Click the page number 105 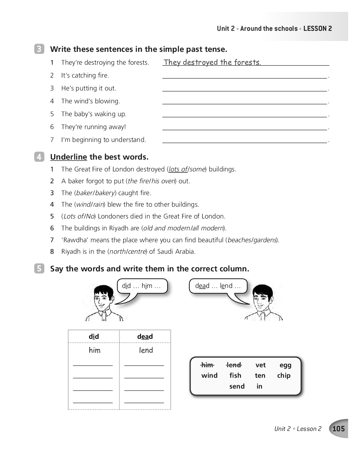338,429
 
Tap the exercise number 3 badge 39,49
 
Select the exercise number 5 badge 39,269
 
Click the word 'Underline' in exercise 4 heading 68,157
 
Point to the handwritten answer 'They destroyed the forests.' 212,62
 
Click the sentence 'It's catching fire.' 85,75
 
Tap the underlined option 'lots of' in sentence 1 178,169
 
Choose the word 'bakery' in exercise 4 105,193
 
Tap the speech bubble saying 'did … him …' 142,286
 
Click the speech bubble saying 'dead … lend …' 218,286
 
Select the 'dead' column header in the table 145,336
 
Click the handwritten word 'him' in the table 94,350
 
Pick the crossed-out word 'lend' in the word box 234,365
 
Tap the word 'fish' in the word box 235,375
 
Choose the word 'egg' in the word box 285,365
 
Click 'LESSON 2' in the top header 318,28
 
